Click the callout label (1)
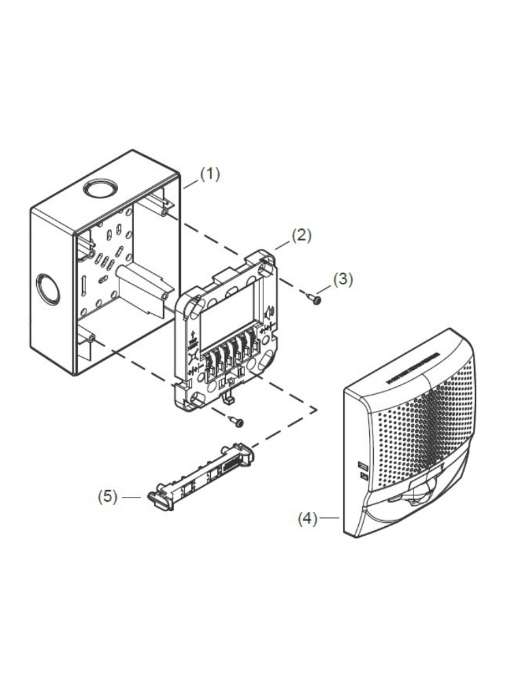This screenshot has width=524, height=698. (x=210, y=174)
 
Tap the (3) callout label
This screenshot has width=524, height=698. (x=343, y=279)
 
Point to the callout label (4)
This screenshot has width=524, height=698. (x=307, y=519)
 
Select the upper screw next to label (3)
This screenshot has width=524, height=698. (x=315, y=297)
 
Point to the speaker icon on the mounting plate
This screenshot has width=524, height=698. (x=271, y=313)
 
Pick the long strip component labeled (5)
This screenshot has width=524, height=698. (x=201, y=474)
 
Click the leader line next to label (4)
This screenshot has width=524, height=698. (x=330, y=519)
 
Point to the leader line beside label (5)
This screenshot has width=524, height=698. (x=130, y=497)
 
